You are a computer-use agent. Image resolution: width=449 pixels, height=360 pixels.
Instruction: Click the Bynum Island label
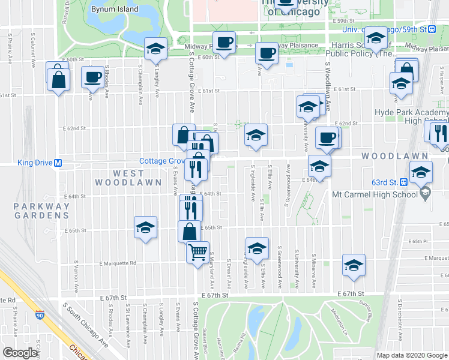pos(115,10)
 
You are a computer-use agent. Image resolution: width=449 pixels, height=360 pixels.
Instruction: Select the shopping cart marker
pos(197,251)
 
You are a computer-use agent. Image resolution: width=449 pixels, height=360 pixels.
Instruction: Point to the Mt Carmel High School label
pos(375,194)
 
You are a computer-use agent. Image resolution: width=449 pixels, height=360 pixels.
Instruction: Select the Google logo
pos(20,353)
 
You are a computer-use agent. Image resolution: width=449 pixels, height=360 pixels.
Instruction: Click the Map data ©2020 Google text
pos(412,355)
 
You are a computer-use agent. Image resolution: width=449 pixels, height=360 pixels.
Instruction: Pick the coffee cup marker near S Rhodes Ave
pos(93,77)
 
